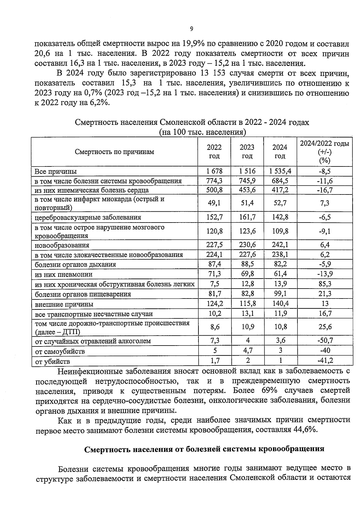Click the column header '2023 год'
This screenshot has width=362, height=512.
(x=247, y=152)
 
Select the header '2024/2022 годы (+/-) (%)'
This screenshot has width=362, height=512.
(x=324, y=152)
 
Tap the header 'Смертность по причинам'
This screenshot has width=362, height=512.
(x=114, y=152)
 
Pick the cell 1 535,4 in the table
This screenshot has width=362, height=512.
(x=280, y=171)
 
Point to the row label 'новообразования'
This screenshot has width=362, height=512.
(x=62, y=245)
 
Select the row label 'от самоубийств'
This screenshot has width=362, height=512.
(x=60, y=352)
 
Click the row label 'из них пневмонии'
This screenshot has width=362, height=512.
(x=64, y=274)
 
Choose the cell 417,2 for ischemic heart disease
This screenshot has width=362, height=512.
(x=280, y=190)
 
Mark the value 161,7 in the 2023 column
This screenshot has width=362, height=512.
(x=247, y=217)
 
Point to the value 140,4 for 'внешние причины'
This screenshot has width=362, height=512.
(x=280, y=303)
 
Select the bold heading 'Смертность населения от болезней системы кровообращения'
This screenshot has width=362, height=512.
(x=204, y=449)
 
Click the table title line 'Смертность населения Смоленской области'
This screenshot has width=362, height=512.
(x=192, y=122)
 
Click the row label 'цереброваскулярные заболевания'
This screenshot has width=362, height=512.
(x=88, y=217)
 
